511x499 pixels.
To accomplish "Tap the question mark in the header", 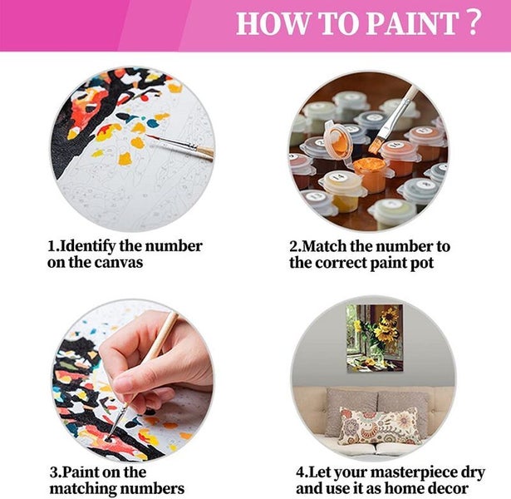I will pos(474,22).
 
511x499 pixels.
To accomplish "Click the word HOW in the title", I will pos(268,23).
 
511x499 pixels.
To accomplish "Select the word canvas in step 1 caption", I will pos(120,263).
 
